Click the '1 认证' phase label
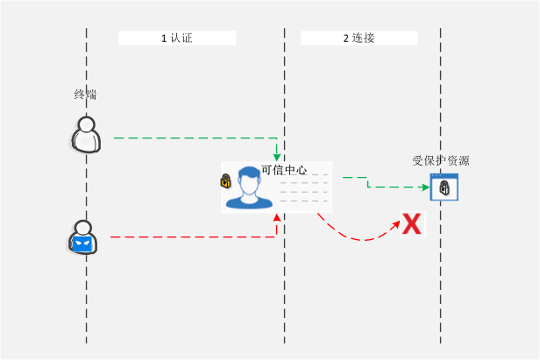(176, 39)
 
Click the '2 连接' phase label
(359, 39)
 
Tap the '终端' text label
(85, 95)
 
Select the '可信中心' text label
(284, 170)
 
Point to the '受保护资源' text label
(441, 160)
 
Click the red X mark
(411, 224)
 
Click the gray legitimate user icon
(85, 134)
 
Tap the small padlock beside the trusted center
(225, 181)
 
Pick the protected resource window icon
(444, 187)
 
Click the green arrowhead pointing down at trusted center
(277, 156)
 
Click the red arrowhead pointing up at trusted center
(277, 218)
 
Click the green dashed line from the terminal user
(193, 138)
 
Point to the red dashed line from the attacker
(193, 236)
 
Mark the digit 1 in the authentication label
(164, 39)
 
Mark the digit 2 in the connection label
(345, 39)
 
